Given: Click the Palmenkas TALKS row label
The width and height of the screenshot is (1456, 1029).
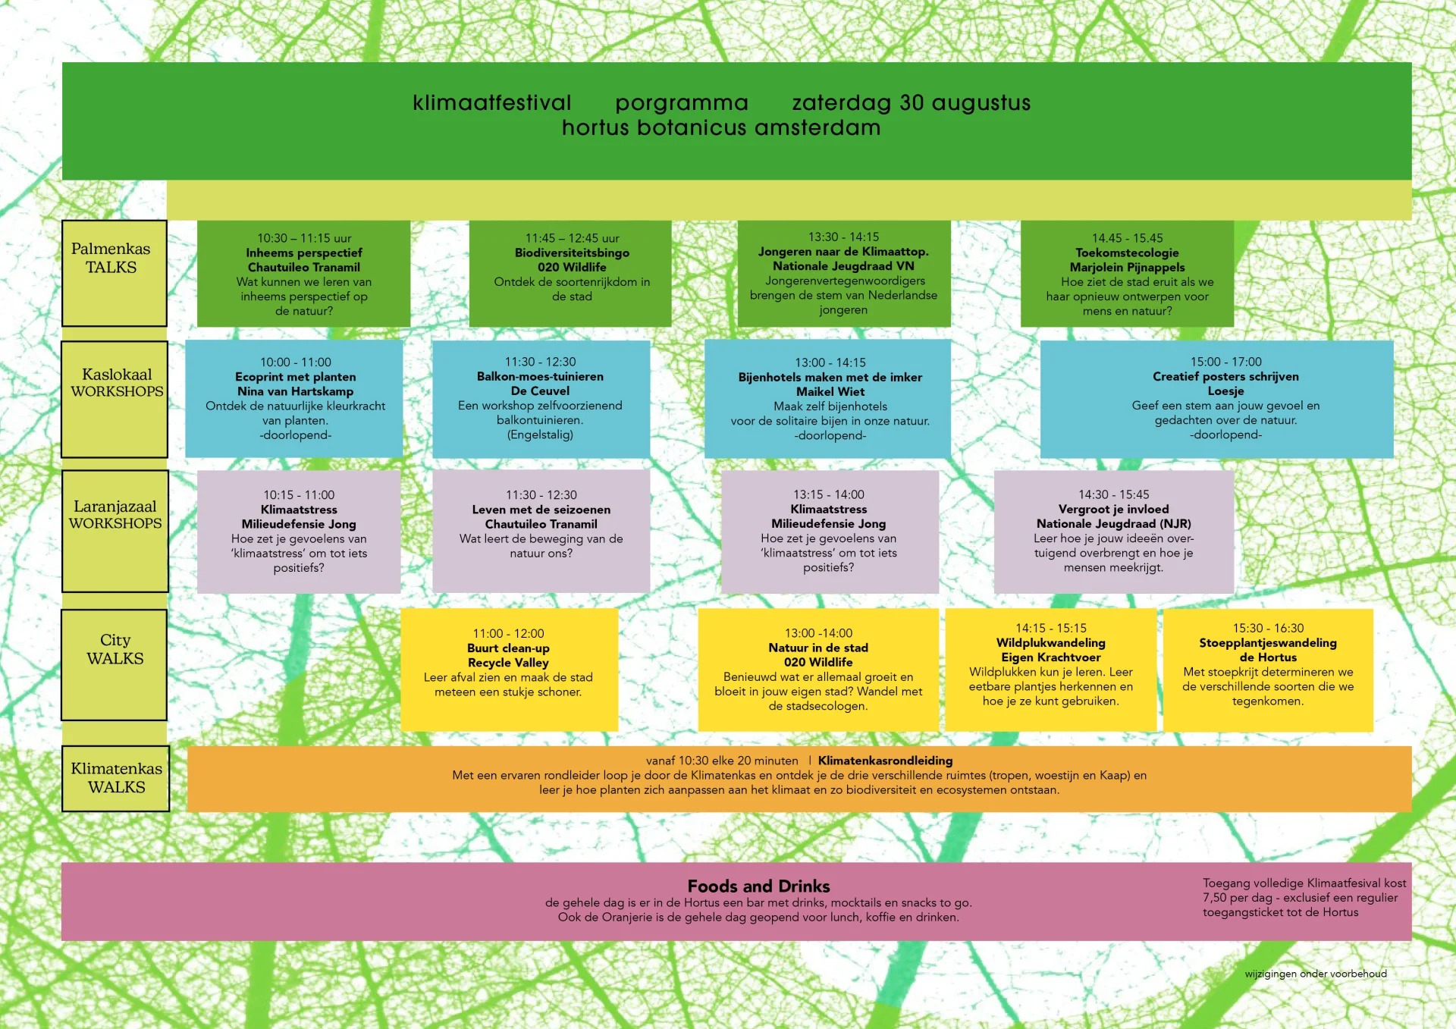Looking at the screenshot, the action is (111, 258).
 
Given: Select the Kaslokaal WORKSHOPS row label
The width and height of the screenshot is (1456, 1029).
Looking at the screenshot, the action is (117, 383).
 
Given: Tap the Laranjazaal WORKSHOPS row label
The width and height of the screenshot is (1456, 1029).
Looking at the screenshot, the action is (115, 515).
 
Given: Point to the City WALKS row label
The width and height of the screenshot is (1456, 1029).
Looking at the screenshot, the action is (115, 649).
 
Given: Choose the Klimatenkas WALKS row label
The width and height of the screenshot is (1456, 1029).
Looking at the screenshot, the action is (117, 778).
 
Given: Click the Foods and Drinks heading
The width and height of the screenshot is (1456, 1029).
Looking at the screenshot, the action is (758, 886).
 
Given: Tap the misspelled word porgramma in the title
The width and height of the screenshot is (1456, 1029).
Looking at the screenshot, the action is (682, 103).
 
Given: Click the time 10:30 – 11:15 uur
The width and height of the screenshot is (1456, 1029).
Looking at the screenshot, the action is (304, 238).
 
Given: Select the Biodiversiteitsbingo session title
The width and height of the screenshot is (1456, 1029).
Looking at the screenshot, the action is (572, 253).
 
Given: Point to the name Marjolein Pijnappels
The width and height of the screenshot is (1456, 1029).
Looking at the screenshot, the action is (1127, 267).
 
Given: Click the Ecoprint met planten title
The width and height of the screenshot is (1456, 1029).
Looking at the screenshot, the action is (295, 377).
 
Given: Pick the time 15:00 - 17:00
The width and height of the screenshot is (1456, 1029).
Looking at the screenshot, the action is (1225, 362).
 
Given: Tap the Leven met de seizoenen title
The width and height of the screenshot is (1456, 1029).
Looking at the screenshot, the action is (541, 510).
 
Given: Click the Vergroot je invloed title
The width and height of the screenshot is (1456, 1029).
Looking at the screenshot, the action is (1113, 510).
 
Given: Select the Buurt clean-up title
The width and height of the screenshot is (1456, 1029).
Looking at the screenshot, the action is (508, 648).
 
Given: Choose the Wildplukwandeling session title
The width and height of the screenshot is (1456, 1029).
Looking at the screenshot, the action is (1050, 643).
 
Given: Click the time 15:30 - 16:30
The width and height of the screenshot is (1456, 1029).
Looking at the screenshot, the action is (1268, 628).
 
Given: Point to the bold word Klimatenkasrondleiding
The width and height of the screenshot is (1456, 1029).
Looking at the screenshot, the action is (885, 761).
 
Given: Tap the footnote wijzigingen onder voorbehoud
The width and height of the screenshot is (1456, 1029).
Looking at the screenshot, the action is (1315, 974).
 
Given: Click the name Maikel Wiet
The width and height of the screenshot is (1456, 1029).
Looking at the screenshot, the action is (830, 392).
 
